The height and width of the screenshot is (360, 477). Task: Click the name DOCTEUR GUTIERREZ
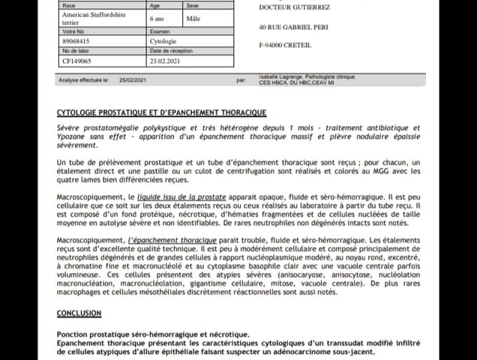pos(295,7)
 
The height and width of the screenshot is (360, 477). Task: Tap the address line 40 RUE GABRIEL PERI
pos(294,27)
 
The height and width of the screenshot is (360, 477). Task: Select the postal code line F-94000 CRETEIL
pos(284,45)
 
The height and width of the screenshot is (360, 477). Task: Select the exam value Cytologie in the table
pos(163,41)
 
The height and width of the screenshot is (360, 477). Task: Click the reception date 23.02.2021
pos(165,61)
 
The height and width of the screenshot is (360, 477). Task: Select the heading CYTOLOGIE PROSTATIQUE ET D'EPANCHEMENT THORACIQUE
pos(161,112)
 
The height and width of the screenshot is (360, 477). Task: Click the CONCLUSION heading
pos(79,313)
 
